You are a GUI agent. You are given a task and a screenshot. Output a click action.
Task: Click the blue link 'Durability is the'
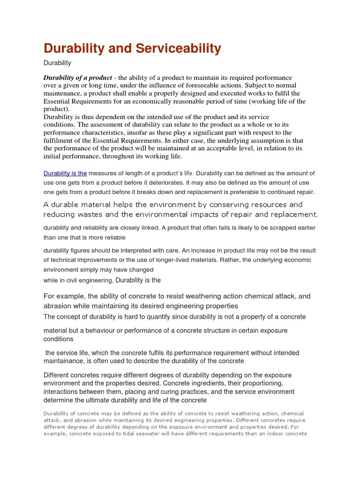click(65, 173)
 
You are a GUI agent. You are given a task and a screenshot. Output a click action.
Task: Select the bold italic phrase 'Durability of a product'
click(78, 77)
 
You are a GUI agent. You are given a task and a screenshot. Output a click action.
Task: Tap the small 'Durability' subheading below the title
click(57, 63)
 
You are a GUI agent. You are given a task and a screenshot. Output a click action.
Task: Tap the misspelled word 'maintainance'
click(63, 361)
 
